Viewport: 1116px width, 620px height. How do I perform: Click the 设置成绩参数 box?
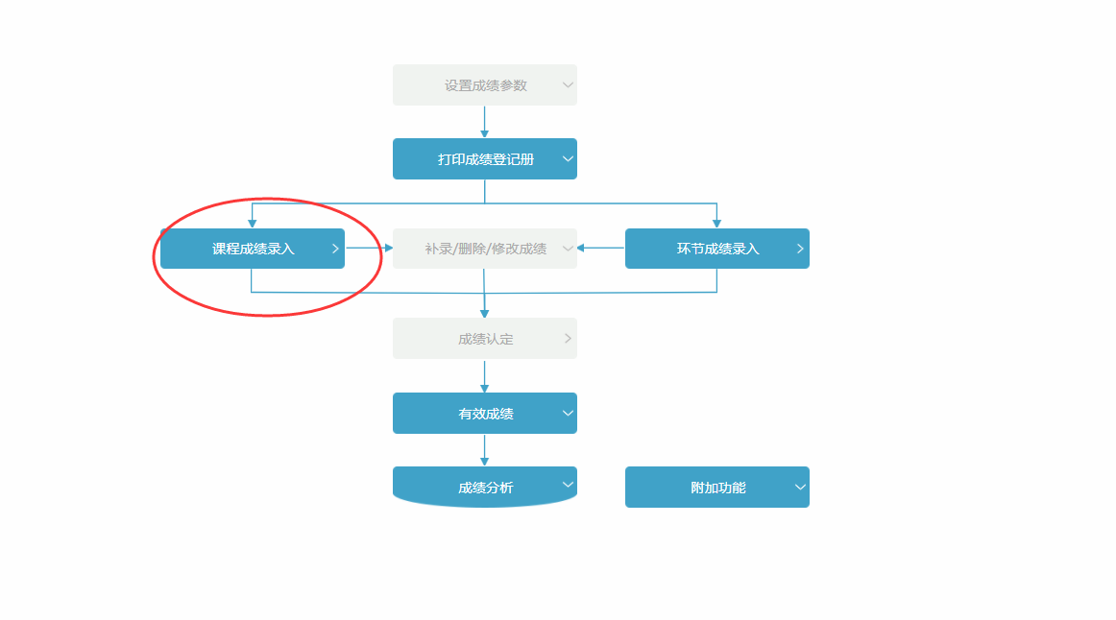click(x=485, y=85)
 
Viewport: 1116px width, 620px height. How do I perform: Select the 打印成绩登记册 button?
click(x=485, y=159)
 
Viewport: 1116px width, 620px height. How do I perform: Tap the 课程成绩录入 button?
click(x=253, y=249)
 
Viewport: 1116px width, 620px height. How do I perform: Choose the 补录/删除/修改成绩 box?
click(x=485, y=249)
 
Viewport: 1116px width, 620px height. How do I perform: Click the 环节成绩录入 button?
click(x=717, y=249)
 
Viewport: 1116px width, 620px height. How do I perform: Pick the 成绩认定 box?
click(x=485, y=339)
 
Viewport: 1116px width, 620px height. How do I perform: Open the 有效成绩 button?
click(x=485, y=414)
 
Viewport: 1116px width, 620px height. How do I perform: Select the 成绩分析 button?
click(x=485, y=488)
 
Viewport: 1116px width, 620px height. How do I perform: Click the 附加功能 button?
click(x=717, y=488)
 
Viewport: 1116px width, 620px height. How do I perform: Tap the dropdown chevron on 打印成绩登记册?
click(x=568, y=159)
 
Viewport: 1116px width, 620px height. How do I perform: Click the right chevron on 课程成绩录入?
click(x=335, y=249)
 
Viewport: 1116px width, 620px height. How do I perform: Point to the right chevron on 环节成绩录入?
click(x=800, y=249)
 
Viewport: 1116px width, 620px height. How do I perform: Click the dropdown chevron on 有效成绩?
click(x=568, y=414)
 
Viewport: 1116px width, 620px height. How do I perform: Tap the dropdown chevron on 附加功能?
click(x=800, y=488)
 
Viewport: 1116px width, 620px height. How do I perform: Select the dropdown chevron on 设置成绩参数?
click(x=568, y=85)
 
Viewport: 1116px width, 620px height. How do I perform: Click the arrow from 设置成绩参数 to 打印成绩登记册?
click(x=484, y=122)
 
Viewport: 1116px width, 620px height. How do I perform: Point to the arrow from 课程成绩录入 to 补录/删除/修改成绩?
click(x=370, y=249)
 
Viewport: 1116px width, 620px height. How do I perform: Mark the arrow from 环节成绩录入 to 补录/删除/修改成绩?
click(x=601, y=249)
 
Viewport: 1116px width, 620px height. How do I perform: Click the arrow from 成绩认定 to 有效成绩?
click(x=484, y=376)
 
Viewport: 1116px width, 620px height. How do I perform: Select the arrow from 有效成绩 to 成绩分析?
click(x=484, y=450)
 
